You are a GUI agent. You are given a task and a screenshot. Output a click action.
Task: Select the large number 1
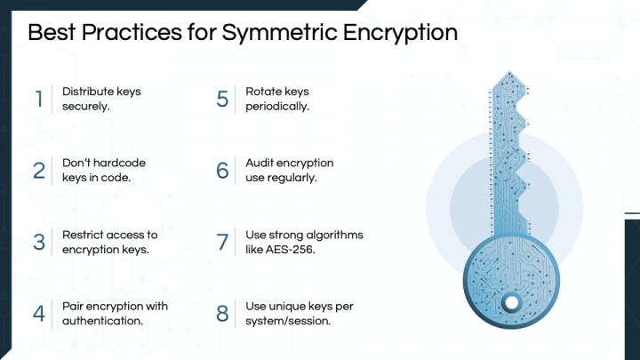pos(39,98)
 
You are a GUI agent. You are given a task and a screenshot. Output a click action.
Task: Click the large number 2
pos(39,170)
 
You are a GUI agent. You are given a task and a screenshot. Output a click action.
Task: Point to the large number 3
pos(39,242)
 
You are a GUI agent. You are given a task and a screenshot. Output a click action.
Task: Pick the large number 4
pos(39,314)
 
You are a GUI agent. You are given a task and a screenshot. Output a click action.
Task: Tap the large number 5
pos(222,98)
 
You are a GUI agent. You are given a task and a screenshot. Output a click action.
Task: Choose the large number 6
pos(222,170)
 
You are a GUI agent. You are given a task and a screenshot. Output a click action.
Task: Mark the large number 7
pos(222,242)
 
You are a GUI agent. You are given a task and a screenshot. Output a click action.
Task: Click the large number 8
pos(222,314)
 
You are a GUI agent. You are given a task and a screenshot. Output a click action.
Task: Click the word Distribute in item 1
pos(90,91)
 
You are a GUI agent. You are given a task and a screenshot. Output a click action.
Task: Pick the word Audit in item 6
pos(260,163)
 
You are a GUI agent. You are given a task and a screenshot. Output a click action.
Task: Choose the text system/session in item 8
pos(288,321)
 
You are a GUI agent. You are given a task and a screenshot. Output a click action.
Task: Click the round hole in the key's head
pos(511,303)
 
